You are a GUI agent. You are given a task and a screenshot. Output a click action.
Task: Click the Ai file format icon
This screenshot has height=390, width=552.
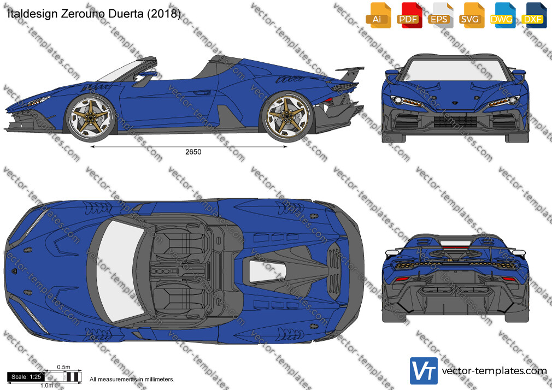click(378, 15)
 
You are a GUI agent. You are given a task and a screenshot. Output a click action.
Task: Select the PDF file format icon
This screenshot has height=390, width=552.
click(409, 15)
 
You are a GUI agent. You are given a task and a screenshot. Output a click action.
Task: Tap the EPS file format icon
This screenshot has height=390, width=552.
click(441, 15)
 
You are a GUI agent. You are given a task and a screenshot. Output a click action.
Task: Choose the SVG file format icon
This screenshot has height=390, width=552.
click(471, 15)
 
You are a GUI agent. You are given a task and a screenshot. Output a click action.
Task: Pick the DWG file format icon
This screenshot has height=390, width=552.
click(503, 15)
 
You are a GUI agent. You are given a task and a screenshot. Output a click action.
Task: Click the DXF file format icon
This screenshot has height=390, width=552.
click(534, 15)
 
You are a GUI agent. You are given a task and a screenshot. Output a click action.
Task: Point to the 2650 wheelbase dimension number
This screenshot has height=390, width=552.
click(193, 152)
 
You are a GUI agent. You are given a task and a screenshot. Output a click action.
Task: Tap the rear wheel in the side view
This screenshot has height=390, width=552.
click(286, 116)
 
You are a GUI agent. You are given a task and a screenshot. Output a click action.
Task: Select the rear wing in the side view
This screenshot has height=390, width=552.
click(350, 72)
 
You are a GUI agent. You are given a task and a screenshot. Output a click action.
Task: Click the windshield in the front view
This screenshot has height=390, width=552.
click(456, 70)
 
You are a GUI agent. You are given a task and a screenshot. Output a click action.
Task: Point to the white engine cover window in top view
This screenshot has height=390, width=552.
click(267, 271)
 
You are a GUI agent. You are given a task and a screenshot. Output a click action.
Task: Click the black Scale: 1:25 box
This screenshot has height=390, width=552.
click(26, 377)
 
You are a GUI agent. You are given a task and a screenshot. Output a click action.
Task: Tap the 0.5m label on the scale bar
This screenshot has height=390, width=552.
click(64, 367)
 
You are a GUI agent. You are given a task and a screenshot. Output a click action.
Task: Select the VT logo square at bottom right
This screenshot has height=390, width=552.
click(424, 371)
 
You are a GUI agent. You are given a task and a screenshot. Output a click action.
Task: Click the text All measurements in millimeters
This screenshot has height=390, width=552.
click(132, 380)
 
